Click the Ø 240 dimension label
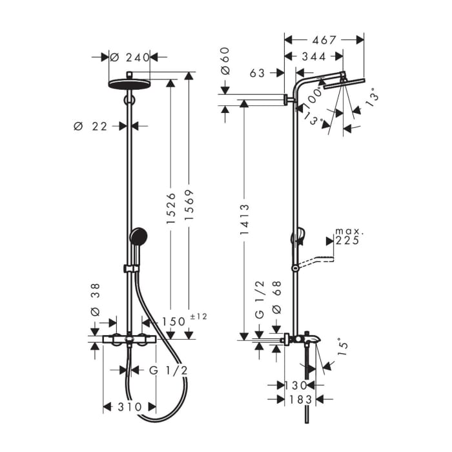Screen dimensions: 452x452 coord(129,57)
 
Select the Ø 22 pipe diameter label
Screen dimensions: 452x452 coord(90,127)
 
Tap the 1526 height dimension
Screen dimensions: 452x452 coord(170,208)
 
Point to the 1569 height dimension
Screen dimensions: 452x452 coord(189,208)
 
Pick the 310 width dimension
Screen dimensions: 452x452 coord(129,407)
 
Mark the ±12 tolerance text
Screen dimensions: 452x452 coord(199,316)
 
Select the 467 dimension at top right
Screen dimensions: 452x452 coord(324,40)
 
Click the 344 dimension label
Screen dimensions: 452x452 coord(314,57)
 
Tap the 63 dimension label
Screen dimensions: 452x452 coord(257,74)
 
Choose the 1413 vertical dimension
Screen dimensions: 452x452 coord(244,220)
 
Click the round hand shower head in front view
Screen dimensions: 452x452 coord(138,236)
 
